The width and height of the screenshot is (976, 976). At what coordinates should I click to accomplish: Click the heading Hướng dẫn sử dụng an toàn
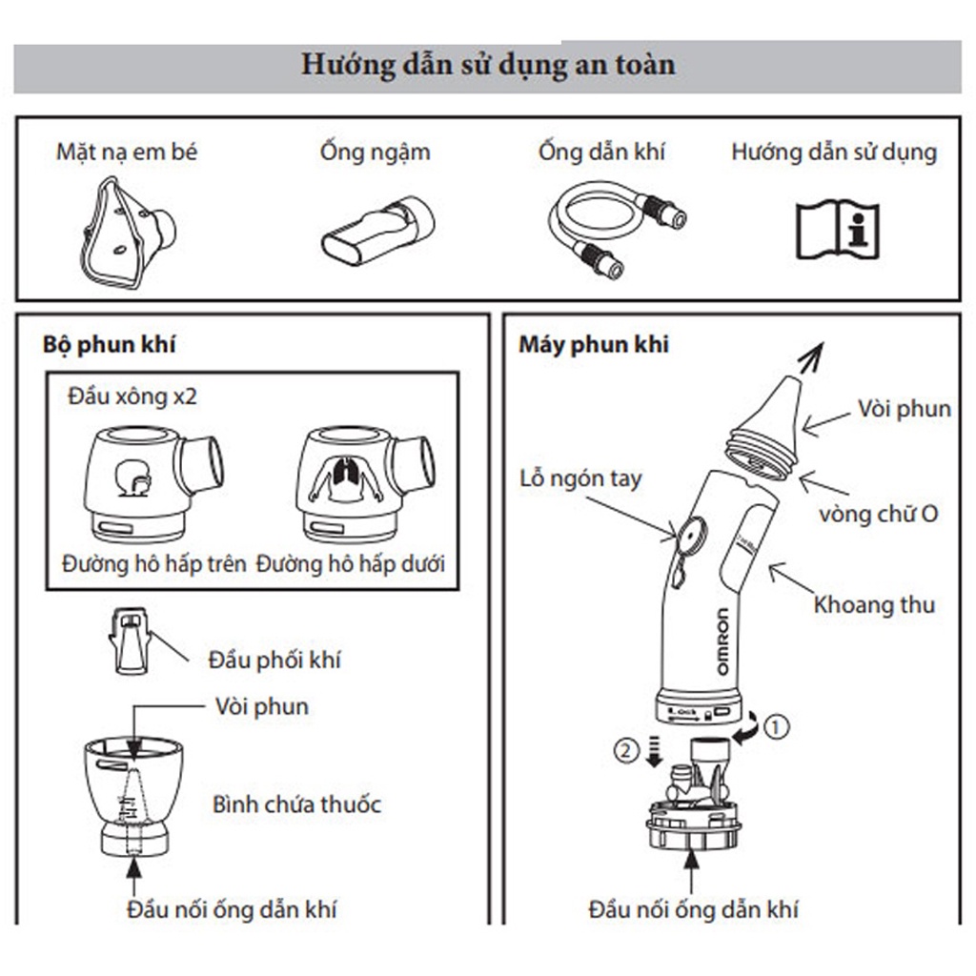[x=488, y=65]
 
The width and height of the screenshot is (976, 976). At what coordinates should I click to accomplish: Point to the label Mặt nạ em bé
[x=127, y=152]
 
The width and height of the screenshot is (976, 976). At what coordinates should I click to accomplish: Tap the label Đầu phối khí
[x=274, y=660]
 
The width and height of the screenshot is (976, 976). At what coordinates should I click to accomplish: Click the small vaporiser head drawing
[x=130, y=640]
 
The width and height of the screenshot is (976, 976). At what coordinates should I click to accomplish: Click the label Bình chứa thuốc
[x=296, y=803]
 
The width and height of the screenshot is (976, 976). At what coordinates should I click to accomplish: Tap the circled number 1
[x=778, y=727]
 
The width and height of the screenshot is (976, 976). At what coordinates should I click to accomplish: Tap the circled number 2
[x=624, y=750]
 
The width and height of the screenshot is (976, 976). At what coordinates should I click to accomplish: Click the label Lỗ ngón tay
[x=580, y=478]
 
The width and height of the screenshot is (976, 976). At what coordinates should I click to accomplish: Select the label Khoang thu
[x=873, y=604]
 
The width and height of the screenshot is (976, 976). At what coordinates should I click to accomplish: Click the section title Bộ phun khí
[x=110, y=345]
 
